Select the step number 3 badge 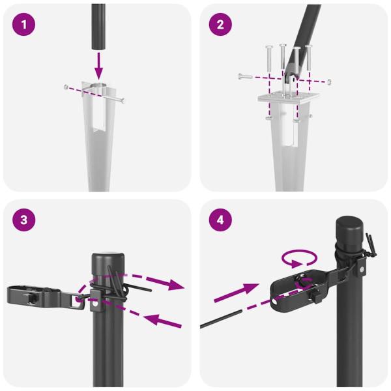[x=24, y=220]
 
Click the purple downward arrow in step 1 [x=98, y=64]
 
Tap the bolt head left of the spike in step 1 [x=66, y=87]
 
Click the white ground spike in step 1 [x=98, y=143]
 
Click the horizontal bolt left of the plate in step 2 [x=244, y=76]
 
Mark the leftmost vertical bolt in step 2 [x=267, y=62]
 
